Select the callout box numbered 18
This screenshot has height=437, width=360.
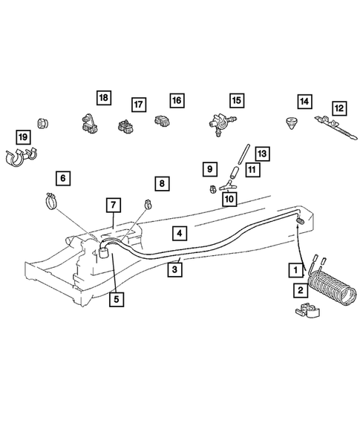coord(103,98)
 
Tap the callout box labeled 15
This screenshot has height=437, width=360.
coord(236,100)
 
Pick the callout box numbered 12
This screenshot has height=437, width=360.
coord(338,108)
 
